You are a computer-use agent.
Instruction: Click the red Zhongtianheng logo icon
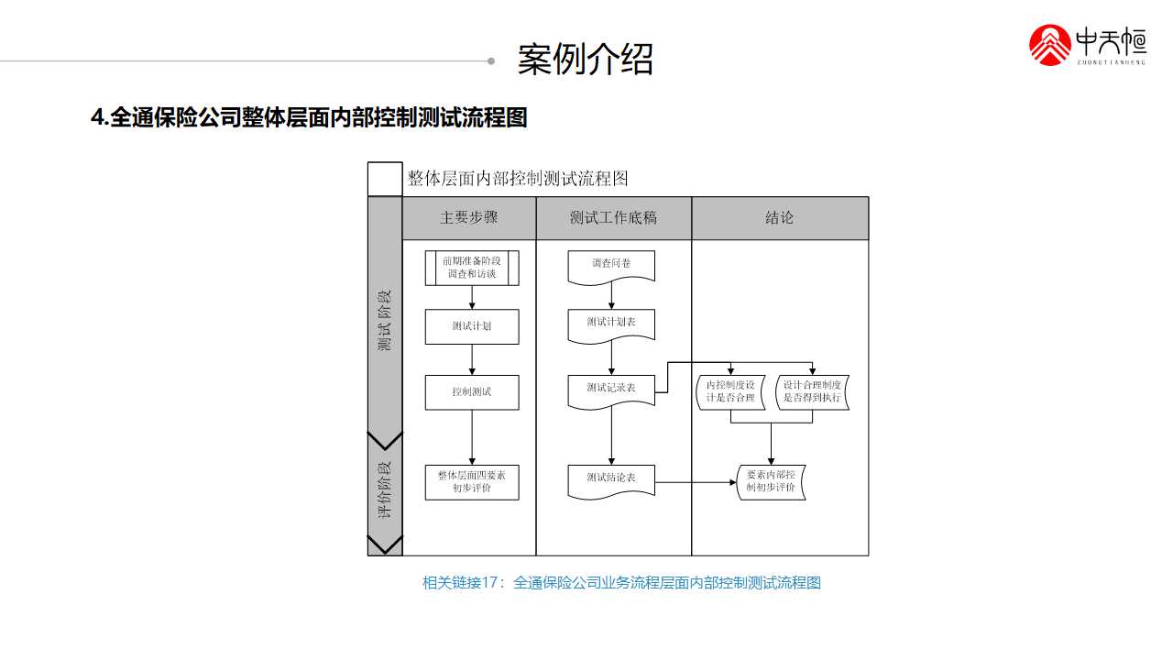[1050, 45]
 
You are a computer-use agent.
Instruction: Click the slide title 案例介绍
[586, 60]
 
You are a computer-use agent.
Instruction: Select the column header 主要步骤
[469, 218]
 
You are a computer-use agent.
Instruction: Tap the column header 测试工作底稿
[613, 218]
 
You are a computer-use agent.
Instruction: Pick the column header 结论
[780, 218]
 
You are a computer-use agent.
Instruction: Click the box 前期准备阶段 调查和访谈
[472, 268]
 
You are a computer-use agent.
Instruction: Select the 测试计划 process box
[472, 326]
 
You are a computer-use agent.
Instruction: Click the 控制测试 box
[472, 391]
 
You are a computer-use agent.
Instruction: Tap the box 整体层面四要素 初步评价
[472, 482]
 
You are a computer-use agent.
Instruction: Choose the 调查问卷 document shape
[611, 265]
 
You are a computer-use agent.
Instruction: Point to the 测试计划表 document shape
[611, 324]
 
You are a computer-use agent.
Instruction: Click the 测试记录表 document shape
[611, 389]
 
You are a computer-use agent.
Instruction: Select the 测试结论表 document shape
[611, 479]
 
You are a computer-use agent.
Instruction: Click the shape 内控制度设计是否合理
[730, 391]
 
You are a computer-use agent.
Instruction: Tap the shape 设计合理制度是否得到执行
[812, 391]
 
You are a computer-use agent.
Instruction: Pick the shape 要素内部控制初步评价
[772, 481]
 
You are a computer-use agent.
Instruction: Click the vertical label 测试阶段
[385, 321]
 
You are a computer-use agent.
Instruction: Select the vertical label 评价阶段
[385, 489]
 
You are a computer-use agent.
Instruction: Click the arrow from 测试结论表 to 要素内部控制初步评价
[696, 481]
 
